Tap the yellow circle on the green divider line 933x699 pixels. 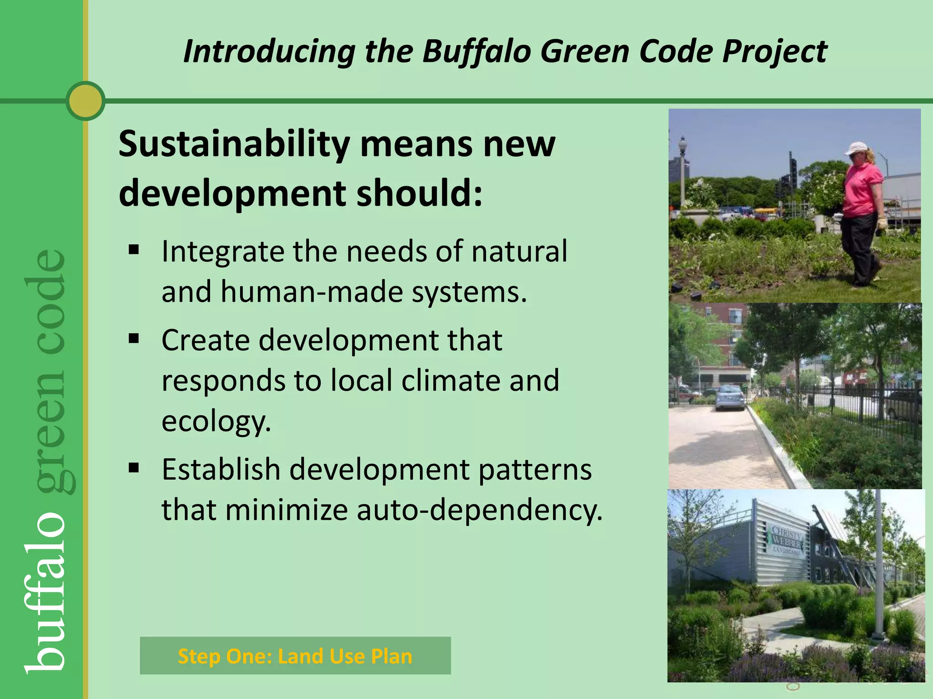tap(86, 101)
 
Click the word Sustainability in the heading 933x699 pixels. tap(234, 145)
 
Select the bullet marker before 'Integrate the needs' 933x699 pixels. tap(133, 250)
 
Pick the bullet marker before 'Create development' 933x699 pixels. tap(133, 339)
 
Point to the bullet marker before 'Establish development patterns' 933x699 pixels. tap(133, 468)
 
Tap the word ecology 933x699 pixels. tap(216, 421)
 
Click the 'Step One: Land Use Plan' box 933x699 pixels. tap(295, 656)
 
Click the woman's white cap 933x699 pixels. tap(856, 148)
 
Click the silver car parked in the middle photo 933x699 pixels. tap(730, 397)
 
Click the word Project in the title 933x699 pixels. tap(774, 51)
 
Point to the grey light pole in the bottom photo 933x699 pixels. tap(880, 569)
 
